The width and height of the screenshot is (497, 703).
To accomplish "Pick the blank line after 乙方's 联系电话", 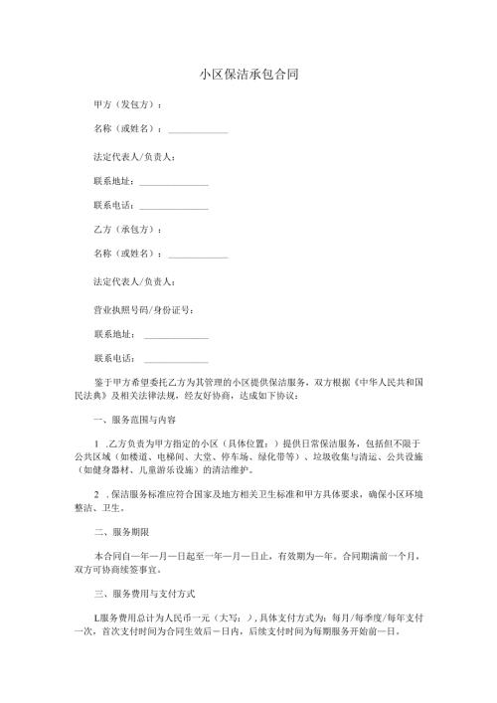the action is click(176, 359).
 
